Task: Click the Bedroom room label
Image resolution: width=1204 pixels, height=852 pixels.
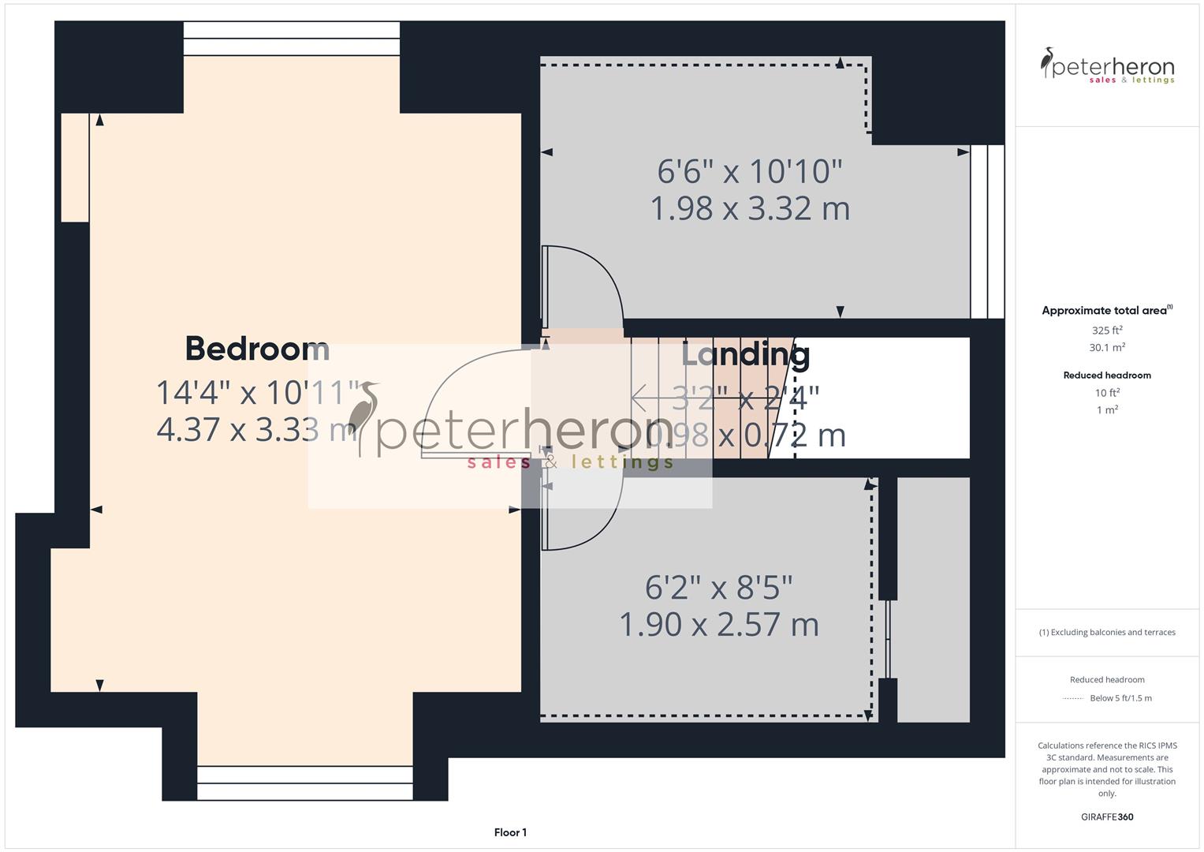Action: pyautogui.click(x=257, y=349)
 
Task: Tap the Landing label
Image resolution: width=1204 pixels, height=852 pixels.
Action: pyautogui.click(x=745, y=355)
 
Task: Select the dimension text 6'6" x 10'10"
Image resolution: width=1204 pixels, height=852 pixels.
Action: pyautogui.click(x=750, y=171)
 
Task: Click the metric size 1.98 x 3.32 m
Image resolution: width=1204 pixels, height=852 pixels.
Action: pyautogui.click(x=750, y=209)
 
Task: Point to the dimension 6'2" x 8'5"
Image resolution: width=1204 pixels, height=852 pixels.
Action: pyautogui.click(x=718, y=588)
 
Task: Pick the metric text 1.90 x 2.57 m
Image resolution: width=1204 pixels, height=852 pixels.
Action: pyautogui.click(x=718, y=625)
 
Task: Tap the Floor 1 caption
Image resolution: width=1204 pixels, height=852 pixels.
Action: pyautogui.click(x=510, y=832)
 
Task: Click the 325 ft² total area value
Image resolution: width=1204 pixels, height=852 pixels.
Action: pyautogui.click(x=1107, y=331)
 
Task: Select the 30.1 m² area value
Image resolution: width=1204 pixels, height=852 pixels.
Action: pyautogui.click(x=1107, y=348)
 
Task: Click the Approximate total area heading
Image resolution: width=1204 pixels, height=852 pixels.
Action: pyautogui.click(x=1106, y=311)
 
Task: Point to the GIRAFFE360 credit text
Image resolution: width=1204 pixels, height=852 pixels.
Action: pyautogui.click(x=1107, y=817)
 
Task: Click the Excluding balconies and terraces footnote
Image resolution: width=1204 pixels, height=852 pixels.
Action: pyautogui.click(x=1107, y=633)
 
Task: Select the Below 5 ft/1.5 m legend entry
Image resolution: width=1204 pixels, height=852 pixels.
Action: pyautogui.click(x=1120, y=698)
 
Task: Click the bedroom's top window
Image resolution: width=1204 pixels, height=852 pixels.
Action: pyautogui.click(x=292, y=39)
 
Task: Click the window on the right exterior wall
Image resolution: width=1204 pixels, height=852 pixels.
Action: pyautogui.click(x=987, y=231)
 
